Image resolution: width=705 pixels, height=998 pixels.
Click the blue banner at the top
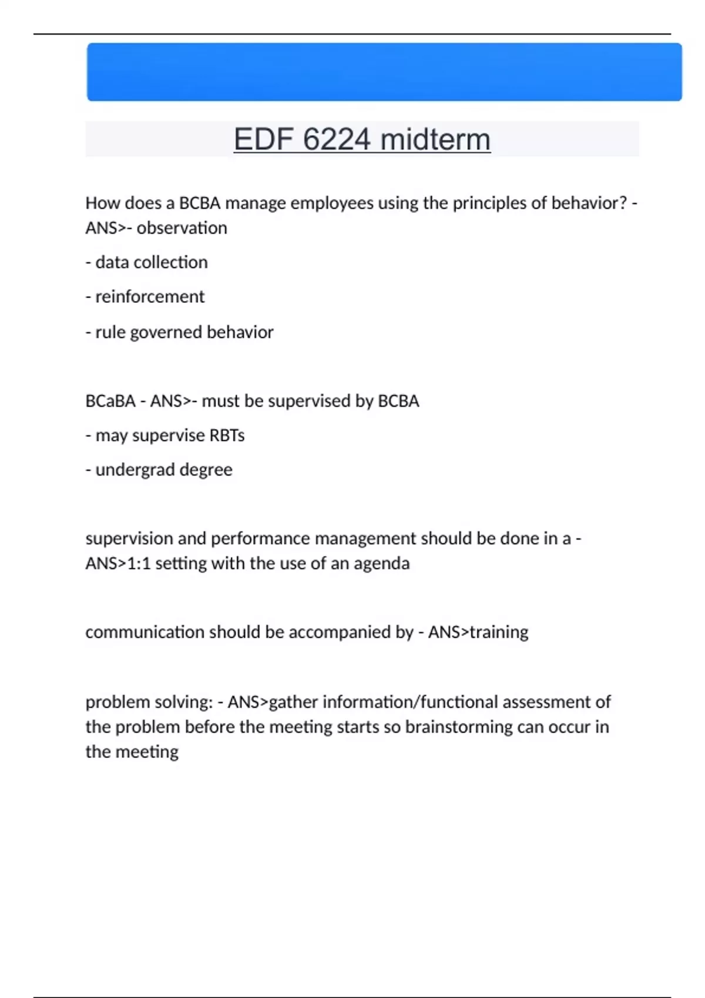click(x=384, y=72)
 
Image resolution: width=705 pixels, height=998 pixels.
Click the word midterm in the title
click(x=435, y=140)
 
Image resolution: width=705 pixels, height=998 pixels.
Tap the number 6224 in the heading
click(x=337, y=140)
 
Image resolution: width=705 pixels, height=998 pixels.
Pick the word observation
click(x=182, y=228)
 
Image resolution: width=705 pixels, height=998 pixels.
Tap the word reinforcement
click(x=150, y=297)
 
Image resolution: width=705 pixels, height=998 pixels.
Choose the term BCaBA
click(x=110, y=401)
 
